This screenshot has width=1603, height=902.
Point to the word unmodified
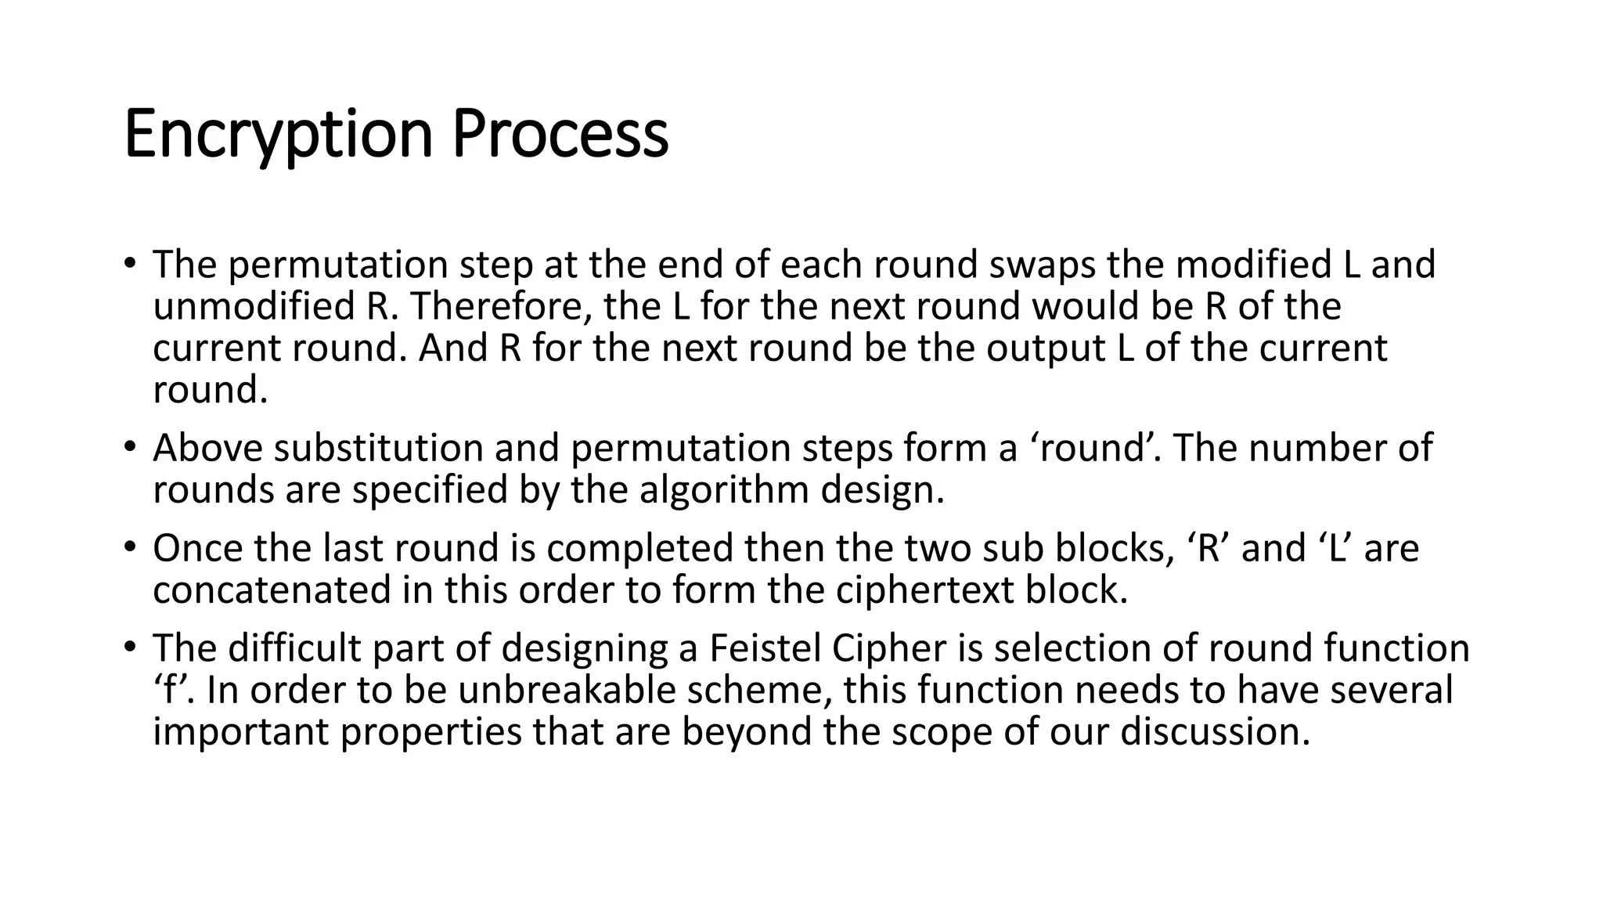tap(254, 306)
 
